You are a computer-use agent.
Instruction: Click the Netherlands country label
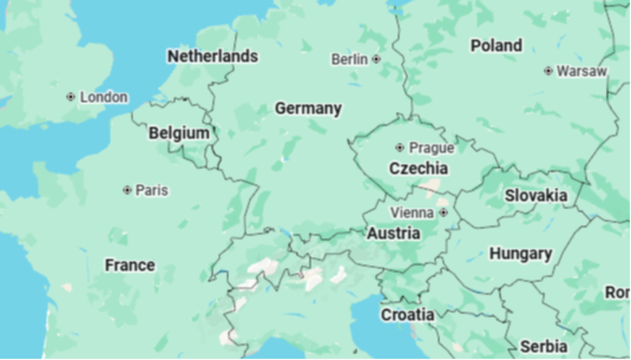click(213, 56)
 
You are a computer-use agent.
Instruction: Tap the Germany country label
click(308, 108)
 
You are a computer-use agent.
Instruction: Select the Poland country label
click(496, 46)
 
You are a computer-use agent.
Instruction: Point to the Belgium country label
click(179, 133)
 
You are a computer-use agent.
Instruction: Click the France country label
click(129, 265)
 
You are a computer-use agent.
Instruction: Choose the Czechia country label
click(418, 168)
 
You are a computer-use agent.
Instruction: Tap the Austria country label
click(393, 234)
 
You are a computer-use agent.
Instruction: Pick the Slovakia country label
click(536, 196)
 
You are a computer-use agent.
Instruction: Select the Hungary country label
click(521, 254)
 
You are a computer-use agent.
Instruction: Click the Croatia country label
click(407, 315)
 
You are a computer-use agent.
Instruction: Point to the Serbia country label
click(544, 346)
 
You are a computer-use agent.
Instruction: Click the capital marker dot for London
click(70, 97)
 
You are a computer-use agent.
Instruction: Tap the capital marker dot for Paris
click(127, 190)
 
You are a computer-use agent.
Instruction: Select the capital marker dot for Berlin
click(376, 59)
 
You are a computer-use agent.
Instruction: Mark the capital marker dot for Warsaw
click(548, 71)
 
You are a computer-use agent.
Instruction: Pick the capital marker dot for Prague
click(399, 147)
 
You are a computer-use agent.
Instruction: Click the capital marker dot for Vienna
click(444, 213)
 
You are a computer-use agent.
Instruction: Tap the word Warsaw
click(581, 71)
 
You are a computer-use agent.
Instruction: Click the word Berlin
click(350, 59)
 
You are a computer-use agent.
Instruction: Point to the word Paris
click(151, 190)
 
